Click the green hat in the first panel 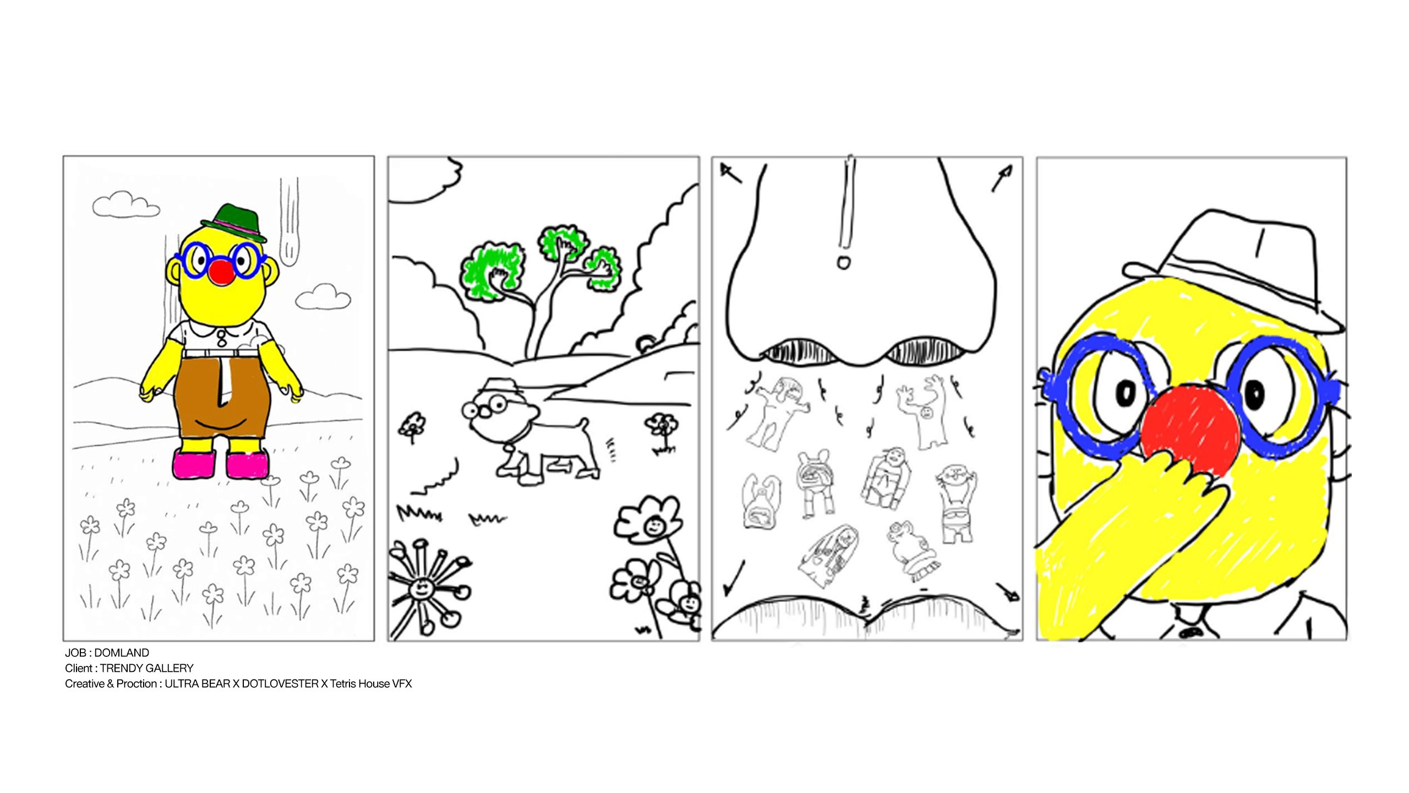tap(234, 223)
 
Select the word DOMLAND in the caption tap(122, 653)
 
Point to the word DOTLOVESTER tap(280, 684)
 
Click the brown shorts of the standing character tap(222, 397)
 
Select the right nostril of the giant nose tap(925, 352)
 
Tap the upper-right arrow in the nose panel tap(1002, 178)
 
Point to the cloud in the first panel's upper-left tap(126, 204)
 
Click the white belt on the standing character tap(220, 353)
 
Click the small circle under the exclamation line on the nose tap(844, 262)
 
